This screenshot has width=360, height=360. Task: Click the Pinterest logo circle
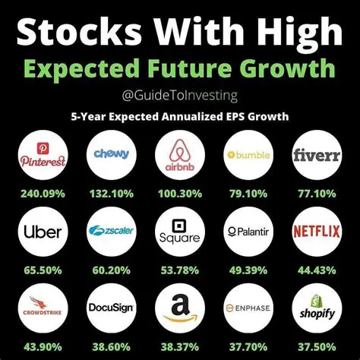tap(42, 155)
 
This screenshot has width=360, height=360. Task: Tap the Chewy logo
tap(111, 155)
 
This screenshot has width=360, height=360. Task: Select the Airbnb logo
tap(180, 155)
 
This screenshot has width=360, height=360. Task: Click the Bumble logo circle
tap(249, 155)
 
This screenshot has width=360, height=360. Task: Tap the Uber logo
tap(42, 231)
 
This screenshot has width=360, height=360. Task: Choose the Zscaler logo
tap(111, 231)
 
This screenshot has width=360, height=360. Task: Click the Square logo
tap(180, 231)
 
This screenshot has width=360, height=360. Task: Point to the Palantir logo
tap(249, 231)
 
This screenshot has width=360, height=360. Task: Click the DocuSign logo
tap(111, 307)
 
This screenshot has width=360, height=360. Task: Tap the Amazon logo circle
tap(180, 307)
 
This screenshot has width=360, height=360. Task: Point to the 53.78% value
tap(180, 269)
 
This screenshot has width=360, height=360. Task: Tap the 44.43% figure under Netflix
tap(318, 269)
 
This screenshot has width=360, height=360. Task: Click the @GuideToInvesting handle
tap(180, 96)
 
